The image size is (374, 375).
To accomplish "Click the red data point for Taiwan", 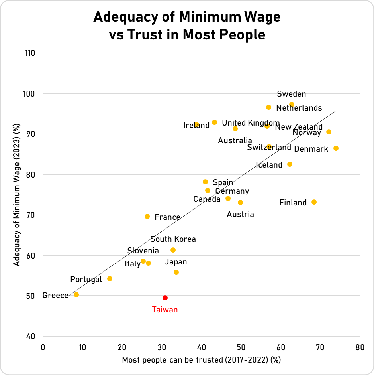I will [x=165, y=298].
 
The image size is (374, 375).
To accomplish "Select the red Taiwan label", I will [x=164, y=310].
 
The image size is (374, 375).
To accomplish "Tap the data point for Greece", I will [x=76, y=295].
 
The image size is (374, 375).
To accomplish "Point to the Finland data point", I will [x=314, y=202].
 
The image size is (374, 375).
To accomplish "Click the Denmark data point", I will [x=336, y=148].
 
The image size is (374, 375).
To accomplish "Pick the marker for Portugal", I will [x=110, y=279].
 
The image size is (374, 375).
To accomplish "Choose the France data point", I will [x=147, y=217].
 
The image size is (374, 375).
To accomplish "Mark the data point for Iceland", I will [x=290, y=164].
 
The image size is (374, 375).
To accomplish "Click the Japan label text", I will [x=176, y=262].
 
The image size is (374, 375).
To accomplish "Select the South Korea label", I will [x=173, y=239].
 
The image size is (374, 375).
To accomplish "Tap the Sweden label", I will [x=292, y=94].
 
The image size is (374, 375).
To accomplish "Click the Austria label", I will [x=240, y=215].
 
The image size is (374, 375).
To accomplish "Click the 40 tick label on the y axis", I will [x=31, y=336].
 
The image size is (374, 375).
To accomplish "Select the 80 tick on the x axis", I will [x=360, y=347].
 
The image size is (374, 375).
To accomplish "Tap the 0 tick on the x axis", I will [x=43, y=347].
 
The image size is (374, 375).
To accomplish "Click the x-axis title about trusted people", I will [x=201, y=360].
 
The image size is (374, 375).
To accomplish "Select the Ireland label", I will [x=196, y=125].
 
